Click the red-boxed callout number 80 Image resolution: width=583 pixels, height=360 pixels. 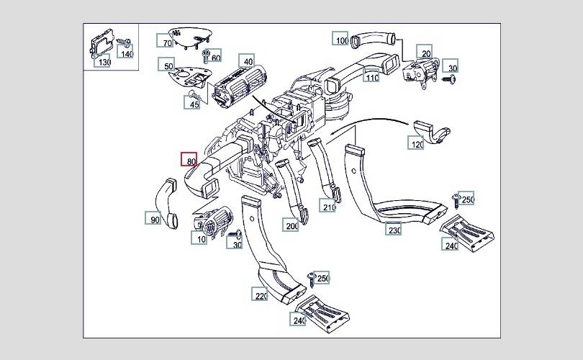[x=189, y=160]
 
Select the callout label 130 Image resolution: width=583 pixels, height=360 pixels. [x=102, y=60]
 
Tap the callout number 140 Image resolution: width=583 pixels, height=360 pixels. [x=125, y=52]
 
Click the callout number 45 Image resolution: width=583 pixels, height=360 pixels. [x=192, y=102]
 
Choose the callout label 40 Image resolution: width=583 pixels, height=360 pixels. [x=246, y=61]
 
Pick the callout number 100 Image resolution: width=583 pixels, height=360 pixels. [x=340, y=38]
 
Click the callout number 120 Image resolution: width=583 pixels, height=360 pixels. [x=416, y=143]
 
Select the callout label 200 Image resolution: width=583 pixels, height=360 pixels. [x=291, y=224]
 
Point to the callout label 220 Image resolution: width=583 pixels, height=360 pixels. [x=260, y=294]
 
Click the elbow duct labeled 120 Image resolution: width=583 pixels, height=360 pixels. [x=430, y=131]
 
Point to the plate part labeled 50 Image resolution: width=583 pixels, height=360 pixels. [x=189, y=77]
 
